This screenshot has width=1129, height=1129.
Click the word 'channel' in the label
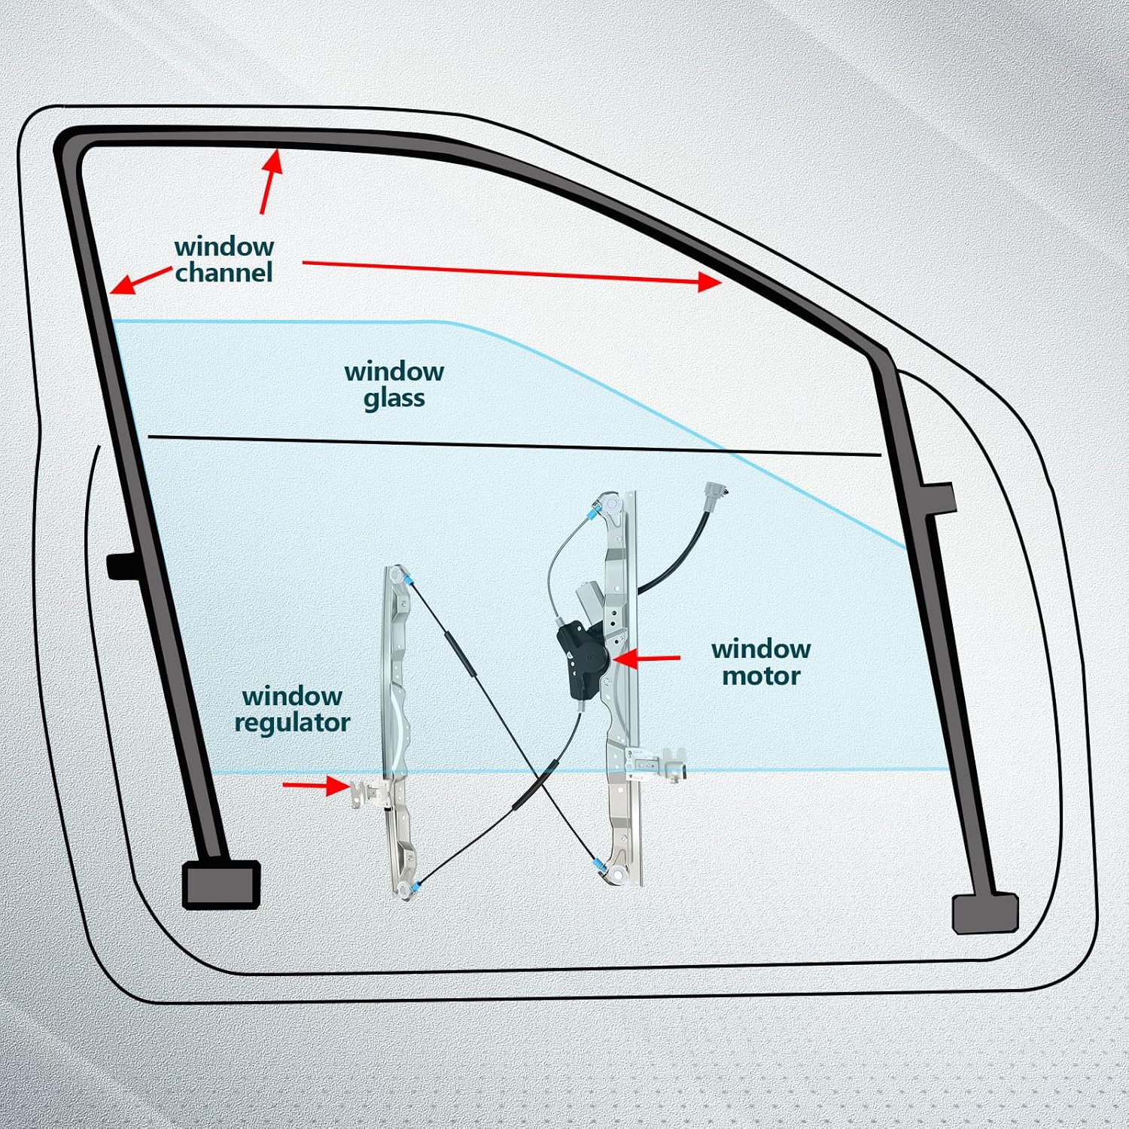coord(224,272)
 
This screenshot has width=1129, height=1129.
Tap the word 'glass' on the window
coord(394,398)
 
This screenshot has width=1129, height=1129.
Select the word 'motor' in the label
coord(760,676)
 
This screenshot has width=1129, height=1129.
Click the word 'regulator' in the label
coord(292,723)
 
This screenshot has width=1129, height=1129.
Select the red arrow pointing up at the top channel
coord(270,181)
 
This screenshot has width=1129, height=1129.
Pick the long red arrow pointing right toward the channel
coord(512,272)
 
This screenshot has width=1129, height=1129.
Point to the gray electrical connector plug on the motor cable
coord(714,498)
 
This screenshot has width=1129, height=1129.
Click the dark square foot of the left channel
coord(221,884)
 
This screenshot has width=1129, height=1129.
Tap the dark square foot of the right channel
coord(984,913)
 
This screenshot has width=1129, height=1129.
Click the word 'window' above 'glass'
coord(394,371)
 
